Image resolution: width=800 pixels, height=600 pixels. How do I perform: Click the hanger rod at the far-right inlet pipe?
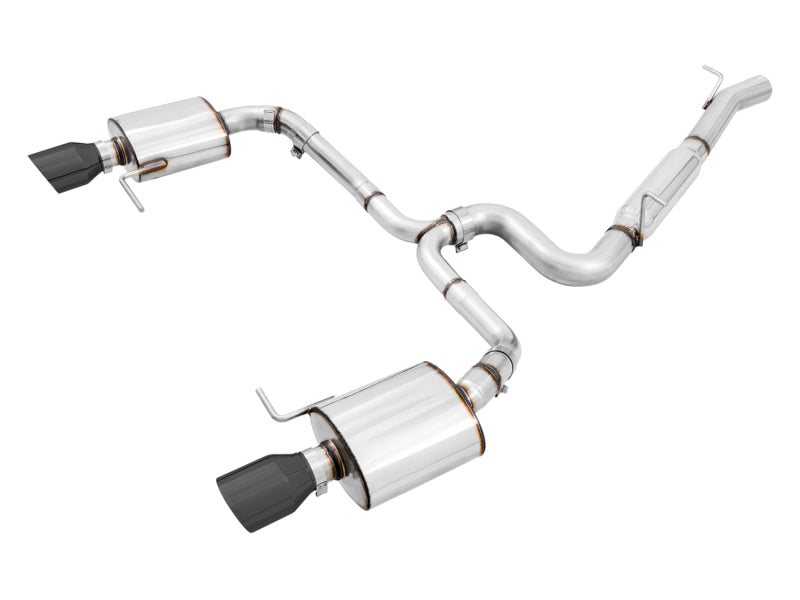click(x=712, y=84)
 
